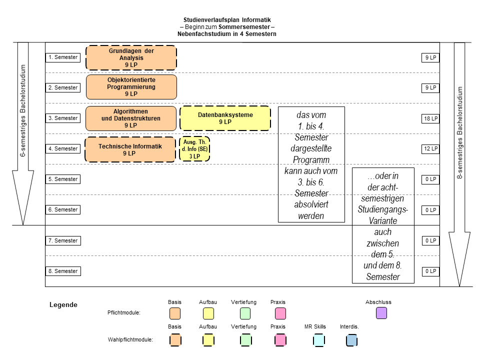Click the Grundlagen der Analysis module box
coord(131,57)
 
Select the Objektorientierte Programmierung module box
coord(131,87)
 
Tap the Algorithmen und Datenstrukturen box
coord(130,118)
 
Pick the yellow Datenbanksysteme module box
coord(225,118)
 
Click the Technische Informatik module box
coord(130,149)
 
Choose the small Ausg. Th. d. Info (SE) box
coord(194,149)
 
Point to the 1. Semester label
coord(63,57)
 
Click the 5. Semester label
coord(63,179)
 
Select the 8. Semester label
coord(63,271)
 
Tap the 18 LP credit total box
coord(430,118)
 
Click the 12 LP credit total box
coord(430,149)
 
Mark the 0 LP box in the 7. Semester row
coord(430,240)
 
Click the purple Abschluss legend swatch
coord(381,313)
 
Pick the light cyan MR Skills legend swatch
coord(319,340)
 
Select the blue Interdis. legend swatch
coord(351,340)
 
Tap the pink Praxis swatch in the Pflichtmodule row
coord(280,313)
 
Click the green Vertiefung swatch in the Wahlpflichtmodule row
coord(245,340)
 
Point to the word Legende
coord(63,304)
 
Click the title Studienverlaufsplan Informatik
coord(227,20)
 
